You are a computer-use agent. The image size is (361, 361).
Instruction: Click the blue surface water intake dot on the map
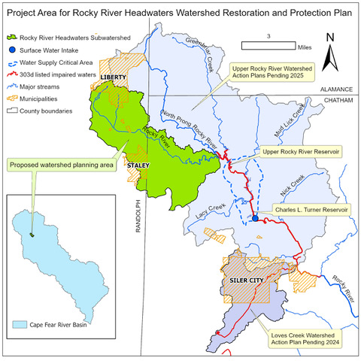(x=254, y=218)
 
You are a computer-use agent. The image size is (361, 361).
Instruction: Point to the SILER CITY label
(x=244, y=282)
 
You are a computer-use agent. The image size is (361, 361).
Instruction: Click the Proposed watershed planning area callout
(x=50, y=162)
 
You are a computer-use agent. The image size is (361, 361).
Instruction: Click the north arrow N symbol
(x=330, y=37)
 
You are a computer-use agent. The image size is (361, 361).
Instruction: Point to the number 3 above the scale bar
(x=268, y=35)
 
